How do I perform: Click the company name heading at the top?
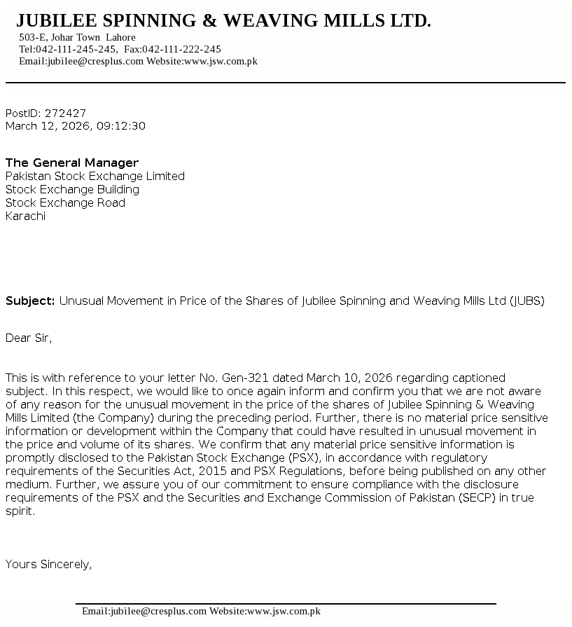pos(223,21)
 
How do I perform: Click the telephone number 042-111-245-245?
pos(76,49)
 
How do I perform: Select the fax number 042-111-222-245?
pos(182,49)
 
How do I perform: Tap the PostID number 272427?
pos(65,113)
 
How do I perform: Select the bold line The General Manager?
pos(72,163)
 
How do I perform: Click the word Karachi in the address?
pos(25,216)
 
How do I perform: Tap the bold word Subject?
pos(30,301)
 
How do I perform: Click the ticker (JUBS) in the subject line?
pos(526,301)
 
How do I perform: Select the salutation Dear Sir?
pos(29,338)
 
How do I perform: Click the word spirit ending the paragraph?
pos(19,511)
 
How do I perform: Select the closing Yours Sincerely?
pos(49,564)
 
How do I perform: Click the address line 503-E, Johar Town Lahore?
pos(77,37)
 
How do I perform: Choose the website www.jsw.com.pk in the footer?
pos(284,611)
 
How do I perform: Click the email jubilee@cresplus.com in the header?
pos(95,61)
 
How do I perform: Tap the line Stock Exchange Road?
pos(65,202)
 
